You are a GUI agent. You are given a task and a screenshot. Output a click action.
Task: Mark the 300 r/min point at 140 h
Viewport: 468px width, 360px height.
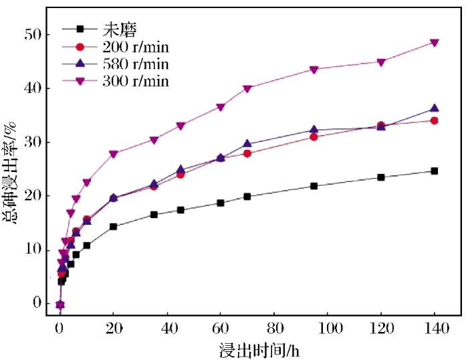pos(435,43)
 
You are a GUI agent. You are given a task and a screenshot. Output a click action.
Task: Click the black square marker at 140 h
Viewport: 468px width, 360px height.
pos(435,171)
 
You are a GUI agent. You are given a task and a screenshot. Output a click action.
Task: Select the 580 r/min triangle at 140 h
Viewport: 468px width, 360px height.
pos(435,108)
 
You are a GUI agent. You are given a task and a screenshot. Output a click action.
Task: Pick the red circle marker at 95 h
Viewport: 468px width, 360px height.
pos(314,137)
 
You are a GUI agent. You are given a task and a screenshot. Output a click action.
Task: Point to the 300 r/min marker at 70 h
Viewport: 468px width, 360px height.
pos(247,88)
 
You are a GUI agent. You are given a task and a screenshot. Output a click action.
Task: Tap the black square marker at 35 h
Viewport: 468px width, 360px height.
pos(154,215)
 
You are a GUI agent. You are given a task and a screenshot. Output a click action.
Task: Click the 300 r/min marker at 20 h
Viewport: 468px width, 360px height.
pos(114,154)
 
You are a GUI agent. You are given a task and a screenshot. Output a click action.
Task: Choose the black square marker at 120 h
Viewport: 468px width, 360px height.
pos(381,177)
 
